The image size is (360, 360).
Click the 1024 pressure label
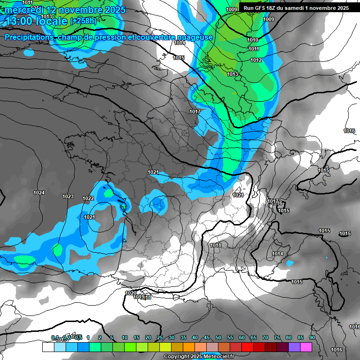pos(39,193)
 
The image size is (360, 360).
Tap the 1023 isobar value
pos(68,196)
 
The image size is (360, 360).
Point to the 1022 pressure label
pos(88,199)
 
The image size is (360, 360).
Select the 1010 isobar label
pos(253,40)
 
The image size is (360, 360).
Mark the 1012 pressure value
pos(256,60)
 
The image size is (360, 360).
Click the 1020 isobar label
pos(131,293)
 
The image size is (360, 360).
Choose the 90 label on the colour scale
pos(312,337)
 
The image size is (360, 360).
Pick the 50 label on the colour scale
pos(218,337)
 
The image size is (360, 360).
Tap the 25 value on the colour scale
pos(160,337)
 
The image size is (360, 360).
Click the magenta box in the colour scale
pos(306,347)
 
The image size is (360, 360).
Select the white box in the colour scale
pos(48,347)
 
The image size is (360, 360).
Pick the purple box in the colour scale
pos(294,347)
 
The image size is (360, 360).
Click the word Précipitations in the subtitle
pos(28,37)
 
